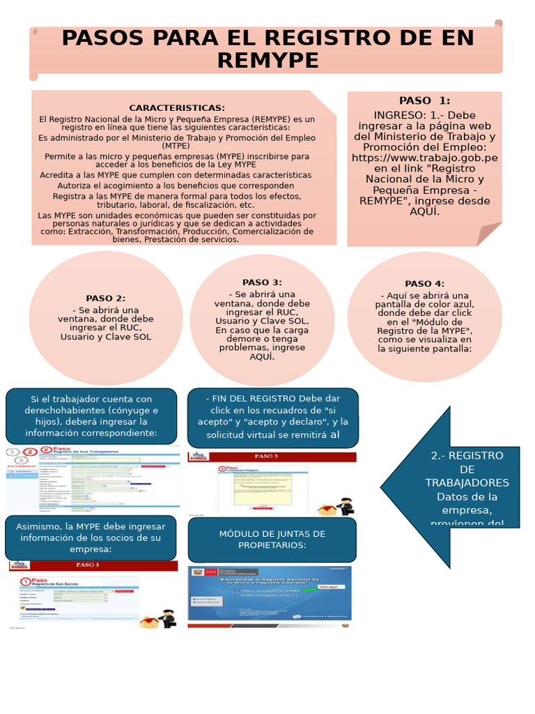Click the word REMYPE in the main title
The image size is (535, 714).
point(267,61)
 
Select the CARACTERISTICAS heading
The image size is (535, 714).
point(177,108)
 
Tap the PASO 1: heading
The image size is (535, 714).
point(424,100)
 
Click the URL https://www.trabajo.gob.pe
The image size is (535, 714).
point(424,158)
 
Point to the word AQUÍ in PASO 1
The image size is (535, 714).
point(424,211)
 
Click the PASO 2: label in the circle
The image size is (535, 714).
point(106,298)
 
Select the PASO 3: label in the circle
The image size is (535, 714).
point(262,282)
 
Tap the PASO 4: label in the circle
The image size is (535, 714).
point(424,284)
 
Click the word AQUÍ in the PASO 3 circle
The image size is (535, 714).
point(262,356)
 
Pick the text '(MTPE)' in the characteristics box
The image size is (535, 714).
point(177,146)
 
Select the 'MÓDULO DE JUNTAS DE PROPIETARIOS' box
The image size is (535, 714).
point(272,539)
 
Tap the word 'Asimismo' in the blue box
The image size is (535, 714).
point(41,526)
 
